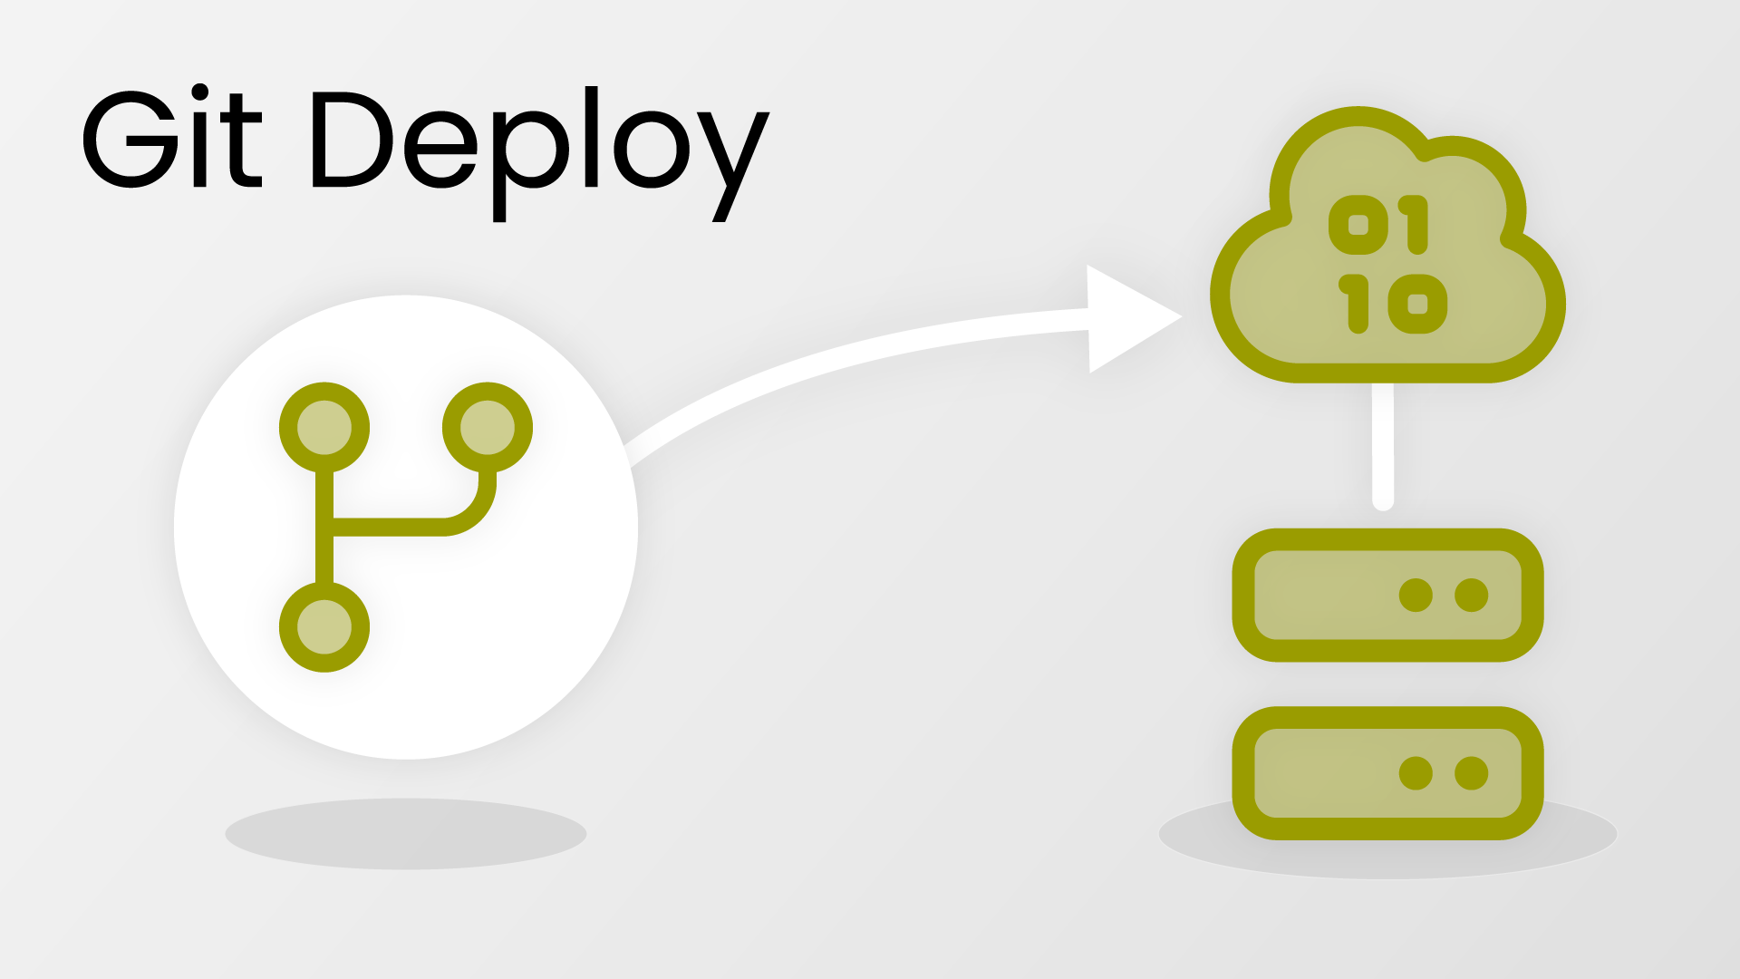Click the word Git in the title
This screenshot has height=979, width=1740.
click(x=172, y=141)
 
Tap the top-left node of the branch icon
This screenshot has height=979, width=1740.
click(x=324, y=428)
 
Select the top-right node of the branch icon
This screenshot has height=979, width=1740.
click(x=488, y=428)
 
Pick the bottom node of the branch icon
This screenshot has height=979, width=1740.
click(x=324, y=627)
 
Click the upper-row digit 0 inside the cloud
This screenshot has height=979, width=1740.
click(x=1358, y=225)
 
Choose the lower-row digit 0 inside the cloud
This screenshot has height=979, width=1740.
click(x=1417, y=305)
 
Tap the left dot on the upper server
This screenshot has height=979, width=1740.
click(x=1416, y=596)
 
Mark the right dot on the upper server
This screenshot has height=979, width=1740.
click(x=1471, y=596)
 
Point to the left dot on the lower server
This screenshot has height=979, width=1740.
click(x=1416, y=773)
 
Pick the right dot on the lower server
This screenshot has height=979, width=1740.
click(x=1471, y=773)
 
